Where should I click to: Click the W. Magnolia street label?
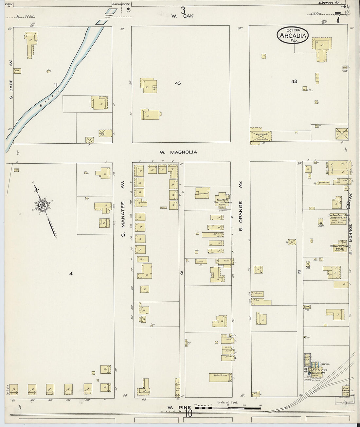[178, 152]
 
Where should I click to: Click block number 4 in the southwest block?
[71, 274]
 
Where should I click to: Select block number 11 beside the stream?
[56, 85]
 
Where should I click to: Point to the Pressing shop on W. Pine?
[258, 394]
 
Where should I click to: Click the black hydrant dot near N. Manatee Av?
[128, 9]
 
